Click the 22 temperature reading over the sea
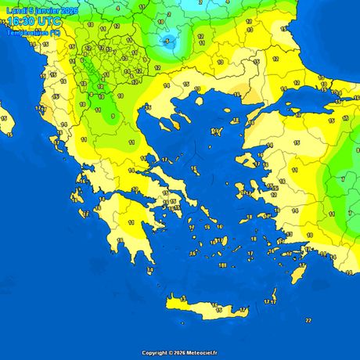point(308,320)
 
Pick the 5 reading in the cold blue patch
point(166,41)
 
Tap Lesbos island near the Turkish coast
point(249,160)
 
